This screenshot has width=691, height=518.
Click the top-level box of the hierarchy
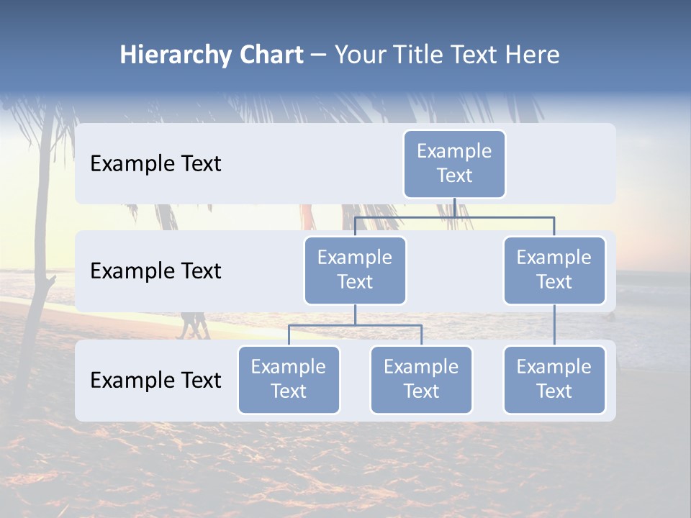pos(454,163)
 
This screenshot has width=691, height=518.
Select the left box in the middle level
pos(355,270)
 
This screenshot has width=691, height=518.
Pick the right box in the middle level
pos(554,270)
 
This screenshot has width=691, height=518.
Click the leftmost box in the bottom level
pos(289,379)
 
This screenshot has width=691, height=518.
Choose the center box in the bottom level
pos(421,379)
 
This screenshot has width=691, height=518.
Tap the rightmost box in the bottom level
pos(554,379)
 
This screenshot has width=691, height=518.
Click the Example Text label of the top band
pos(155,164)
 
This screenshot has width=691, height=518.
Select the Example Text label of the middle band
pos(155,271)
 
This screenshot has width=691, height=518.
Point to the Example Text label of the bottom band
pos(155,380)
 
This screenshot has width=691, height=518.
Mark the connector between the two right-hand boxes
pos(554,325)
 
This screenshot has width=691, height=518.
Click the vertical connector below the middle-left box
pos(355,314)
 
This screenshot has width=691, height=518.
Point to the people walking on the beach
pos(193,325)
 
